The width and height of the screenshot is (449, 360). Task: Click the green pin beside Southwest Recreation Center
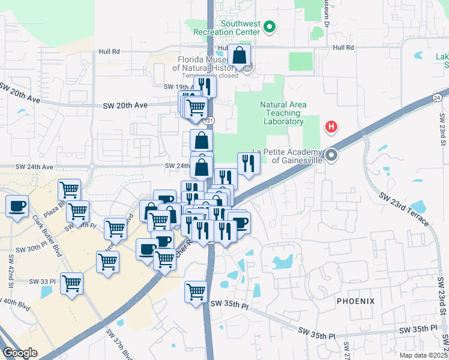point(270,27)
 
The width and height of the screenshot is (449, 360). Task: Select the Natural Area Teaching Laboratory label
point(283,113)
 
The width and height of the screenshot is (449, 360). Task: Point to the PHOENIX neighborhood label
point(355,301)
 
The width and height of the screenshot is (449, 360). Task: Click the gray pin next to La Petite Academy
point(331,155)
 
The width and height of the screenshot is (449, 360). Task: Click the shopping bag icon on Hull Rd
point(239,55)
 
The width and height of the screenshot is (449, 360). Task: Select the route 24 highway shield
point(437,97)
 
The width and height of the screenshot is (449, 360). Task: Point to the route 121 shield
point(209,121)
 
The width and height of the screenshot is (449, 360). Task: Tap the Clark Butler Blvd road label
point(47,235)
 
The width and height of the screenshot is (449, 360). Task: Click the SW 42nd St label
point(11,269)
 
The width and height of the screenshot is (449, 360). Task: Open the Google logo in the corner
point(20,353)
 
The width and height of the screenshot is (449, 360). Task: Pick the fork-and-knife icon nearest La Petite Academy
point(248,163)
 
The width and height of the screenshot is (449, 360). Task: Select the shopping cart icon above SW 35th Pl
point(196,292)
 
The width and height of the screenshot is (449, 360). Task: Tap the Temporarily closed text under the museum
point(207,76)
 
